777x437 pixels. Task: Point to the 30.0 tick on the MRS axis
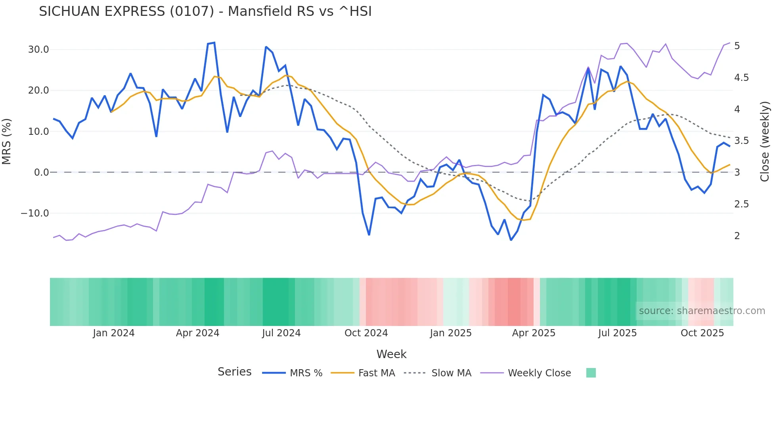pyautogui.click(x=38, y=50)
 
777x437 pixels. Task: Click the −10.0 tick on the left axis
pyautogui.click(x=35, y=213)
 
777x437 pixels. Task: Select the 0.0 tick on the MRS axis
pyautogui.click(x=41, y=172)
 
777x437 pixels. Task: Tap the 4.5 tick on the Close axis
pyautogui.click(x=741, y=78)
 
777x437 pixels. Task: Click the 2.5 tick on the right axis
pyautogui.click(x=741, y=204)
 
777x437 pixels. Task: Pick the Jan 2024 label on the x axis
pyautogui.click(x=114, y=333)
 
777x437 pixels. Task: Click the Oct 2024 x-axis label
pyautogui.click(x=366, y=333)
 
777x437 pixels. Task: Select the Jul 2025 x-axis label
pyautogui.click(x=617, y=333)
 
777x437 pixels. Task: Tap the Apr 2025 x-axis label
pyautogui.click(x=534, y=333)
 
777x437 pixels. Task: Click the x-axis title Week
pyautogui.click(x=391, y=354)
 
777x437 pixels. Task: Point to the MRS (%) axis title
pyautogui.click(x=7, y=142)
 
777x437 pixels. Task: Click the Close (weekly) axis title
pyautogui.click(x=765, y=142)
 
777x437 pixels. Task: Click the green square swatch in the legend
pyautogui.click(x=591, y=373)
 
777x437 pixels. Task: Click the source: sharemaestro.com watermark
pyautogui.click(x=702, y=311)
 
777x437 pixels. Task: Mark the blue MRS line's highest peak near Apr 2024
pyautogui.click(x=214, y=42)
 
